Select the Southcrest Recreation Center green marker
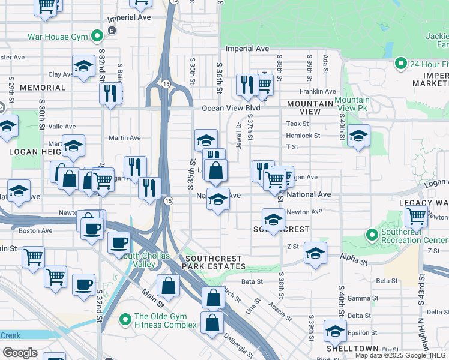pos(372,235)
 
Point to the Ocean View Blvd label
pos(231,108)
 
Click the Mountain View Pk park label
pos(352,104)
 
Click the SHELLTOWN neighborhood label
pos(352,349)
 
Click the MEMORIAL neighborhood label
pos(42,88)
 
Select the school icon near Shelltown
pos(335,330)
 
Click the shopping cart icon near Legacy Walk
pos(416,215)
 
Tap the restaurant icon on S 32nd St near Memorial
pos(110,93)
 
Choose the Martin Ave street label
pos(125,138)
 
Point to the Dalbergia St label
pos(244,344)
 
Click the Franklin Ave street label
pos(318,92)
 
